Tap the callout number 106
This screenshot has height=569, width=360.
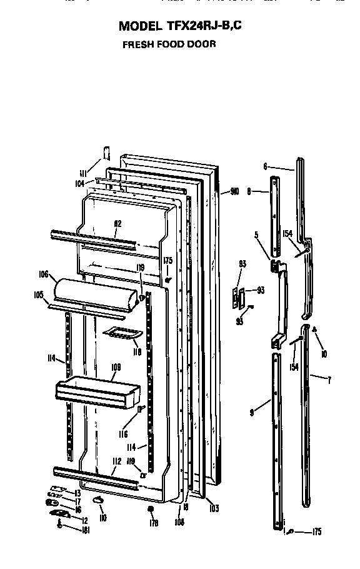pos(43,273)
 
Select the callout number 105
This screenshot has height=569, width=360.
pos(38,295)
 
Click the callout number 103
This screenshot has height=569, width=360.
pos(214,508)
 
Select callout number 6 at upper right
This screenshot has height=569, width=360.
pos(265,166)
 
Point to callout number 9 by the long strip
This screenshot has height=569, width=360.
pos(251,412)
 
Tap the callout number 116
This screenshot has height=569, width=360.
pos(123,433)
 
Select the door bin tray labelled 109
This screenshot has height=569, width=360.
pos(94,393)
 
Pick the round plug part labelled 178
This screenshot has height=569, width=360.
pos(151,510)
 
